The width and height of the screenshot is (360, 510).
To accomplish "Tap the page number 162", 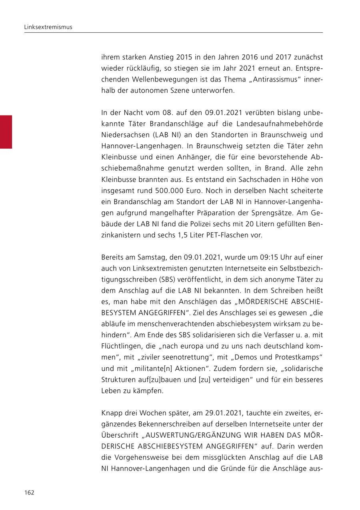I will [29, 492].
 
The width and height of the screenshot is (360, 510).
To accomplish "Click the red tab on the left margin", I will [6, 132].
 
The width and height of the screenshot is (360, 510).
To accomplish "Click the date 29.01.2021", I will [223, 412].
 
